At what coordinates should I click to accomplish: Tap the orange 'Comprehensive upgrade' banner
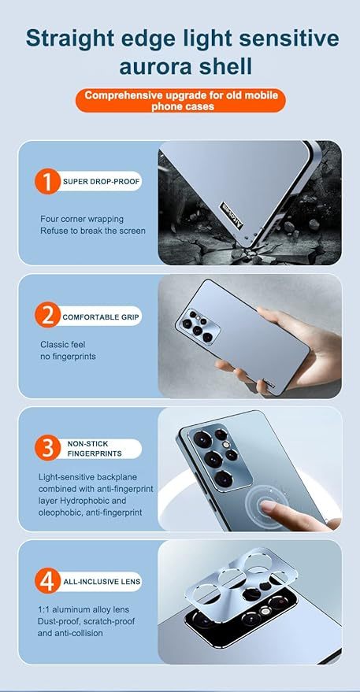click(180, 100)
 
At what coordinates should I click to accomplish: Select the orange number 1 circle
click(47, 182)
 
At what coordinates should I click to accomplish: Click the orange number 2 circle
click(47, 315)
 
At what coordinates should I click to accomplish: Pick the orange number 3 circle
click(47, 449)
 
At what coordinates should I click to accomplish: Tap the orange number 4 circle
click(47, 582)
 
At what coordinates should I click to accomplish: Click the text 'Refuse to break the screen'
click(93, 231)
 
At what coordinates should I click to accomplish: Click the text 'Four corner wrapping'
click(82, 219)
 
